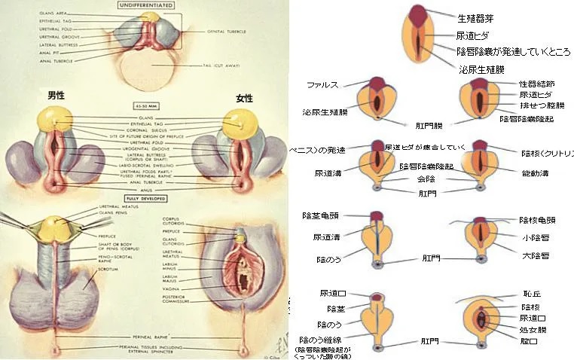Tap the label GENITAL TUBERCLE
tap(227, 32)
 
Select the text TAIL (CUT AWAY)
tap(219, 66)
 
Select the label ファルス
tap(323, 85)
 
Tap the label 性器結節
tap(538, 84)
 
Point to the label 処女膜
tap(533, 330)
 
